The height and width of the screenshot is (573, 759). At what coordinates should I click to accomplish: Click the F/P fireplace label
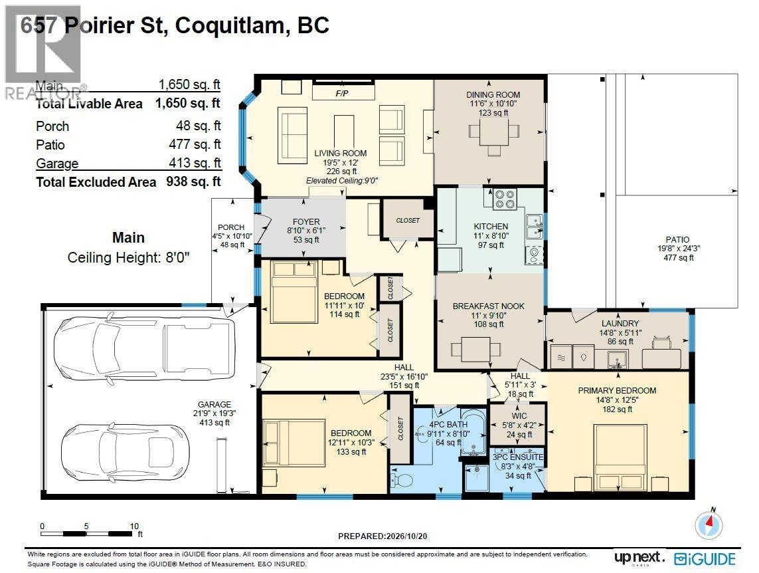click(x=342, y=93)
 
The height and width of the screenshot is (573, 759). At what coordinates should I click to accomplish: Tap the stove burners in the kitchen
click(x=505, y=199)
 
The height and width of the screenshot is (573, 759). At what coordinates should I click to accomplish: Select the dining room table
click(x=494, y=131)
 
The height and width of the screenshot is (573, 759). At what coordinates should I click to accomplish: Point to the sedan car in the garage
click(x=125, y=453)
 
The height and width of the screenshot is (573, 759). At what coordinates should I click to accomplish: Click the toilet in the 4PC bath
click(x=401, y=479)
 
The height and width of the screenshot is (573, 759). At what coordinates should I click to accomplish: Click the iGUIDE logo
click(x=705, y=560)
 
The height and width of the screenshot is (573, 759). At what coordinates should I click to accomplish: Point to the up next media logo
click(x=639, y=558)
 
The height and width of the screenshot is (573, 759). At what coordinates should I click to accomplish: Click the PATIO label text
click(x=677, y=239)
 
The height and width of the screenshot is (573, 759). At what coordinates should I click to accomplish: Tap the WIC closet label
click(x=519, y=415)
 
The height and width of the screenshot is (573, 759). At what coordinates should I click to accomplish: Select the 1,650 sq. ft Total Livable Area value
click(x=188, y=103)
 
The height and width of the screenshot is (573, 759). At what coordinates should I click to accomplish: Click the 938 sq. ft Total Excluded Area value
click(x=194, y=181)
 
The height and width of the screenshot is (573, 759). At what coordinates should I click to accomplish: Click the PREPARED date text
click(x=382, y=536)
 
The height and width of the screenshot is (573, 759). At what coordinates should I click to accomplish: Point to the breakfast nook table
click(x=475, y=349)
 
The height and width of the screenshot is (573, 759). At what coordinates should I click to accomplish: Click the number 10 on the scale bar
click(x=134, y=526)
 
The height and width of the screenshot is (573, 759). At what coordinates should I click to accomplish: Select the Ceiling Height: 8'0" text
click(x=128, y=257)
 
